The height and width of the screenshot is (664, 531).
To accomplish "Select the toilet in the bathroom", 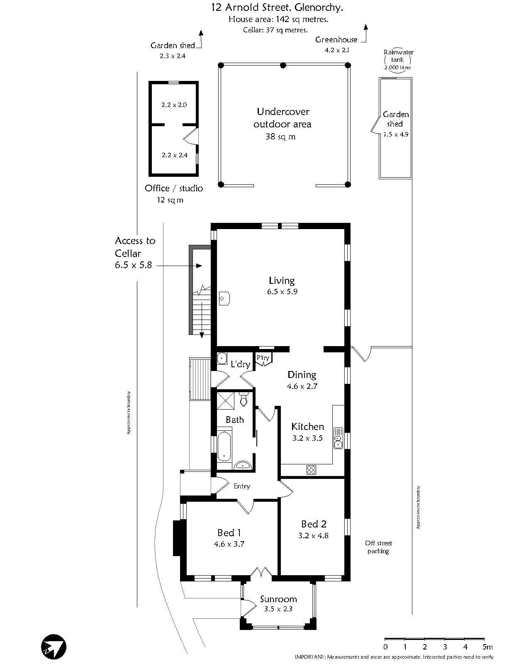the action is [244, 400].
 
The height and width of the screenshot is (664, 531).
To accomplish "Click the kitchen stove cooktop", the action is [311, 470].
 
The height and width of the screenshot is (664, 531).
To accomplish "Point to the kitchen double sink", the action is [338, 438].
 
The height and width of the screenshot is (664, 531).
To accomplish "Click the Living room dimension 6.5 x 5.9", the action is [283, 292].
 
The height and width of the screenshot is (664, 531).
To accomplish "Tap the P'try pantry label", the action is [263, 358].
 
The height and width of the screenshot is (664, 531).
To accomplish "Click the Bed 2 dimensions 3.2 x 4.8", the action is [313, 536].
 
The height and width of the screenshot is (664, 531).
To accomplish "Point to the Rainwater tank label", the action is [398, 56].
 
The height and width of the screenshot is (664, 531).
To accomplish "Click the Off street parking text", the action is [378, 547].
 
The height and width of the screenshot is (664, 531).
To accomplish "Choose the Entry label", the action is [241, 486].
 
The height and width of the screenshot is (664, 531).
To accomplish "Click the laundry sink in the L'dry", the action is [222, 358].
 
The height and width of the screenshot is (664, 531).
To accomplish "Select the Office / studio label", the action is [174, 188].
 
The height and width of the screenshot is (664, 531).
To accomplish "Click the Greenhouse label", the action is [336, 39].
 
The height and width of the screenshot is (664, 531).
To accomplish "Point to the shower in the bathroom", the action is [226, 400].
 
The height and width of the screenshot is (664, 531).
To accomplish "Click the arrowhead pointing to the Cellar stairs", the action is [199, 266].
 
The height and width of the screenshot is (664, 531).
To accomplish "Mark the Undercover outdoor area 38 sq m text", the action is [283, 124].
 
